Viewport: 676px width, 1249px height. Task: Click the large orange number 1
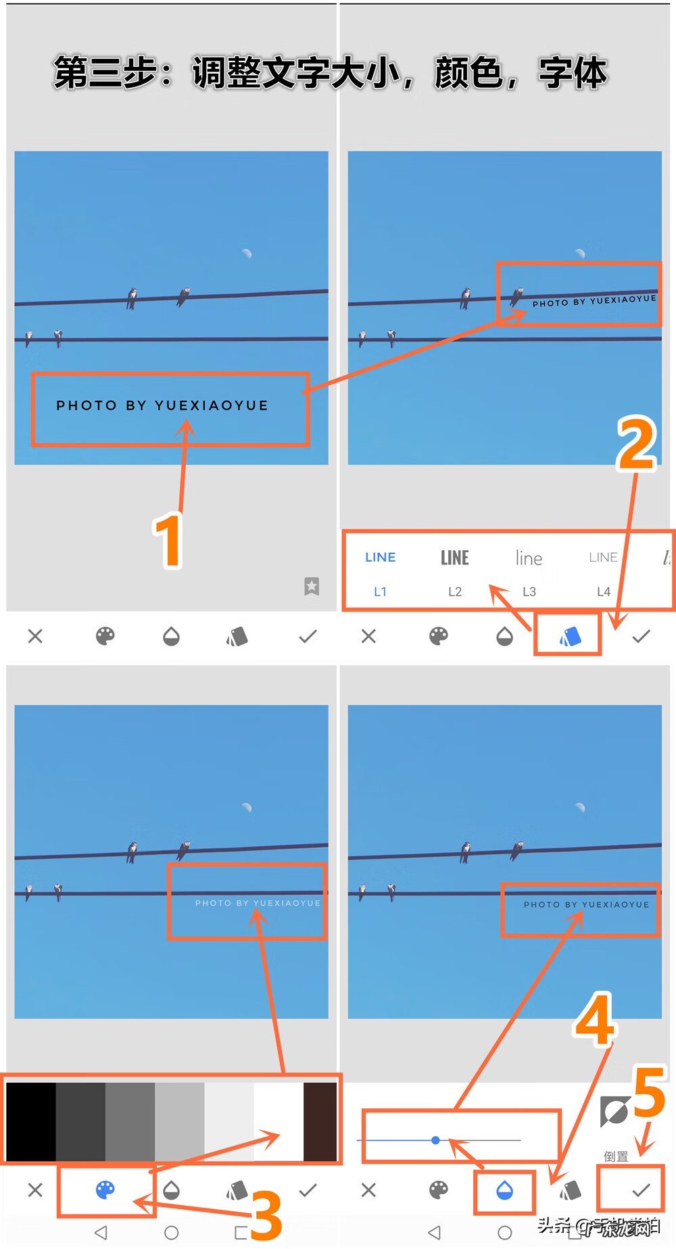168,541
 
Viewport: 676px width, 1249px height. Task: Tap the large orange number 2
636,443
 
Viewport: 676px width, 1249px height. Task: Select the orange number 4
595,1021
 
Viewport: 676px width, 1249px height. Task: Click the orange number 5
650,1093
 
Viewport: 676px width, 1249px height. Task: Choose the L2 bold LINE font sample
455,558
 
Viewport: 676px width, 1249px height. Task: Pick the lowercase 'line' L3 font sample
529,558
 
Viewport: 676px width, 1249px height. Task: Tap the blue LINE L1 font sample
381,558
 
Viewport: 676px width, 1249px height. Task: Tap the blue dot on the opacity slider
436,1140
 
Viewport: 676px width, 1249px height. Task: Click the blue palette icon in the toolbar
105,1190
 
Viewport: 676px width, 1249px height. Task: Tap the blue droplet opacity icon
504,1190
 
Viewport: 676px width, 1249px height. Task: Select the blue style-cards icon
570,636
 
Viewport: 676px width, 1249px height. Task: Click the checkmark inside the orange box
641,1190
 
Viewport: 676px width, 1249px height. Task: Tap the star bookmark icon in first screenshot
312,586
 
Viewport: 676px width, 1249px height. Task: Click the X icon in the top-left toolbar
35,636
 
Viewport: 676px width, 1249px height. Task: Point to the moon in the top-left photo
247,253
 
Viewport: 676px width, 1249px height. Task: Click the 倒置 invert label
616,1156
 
